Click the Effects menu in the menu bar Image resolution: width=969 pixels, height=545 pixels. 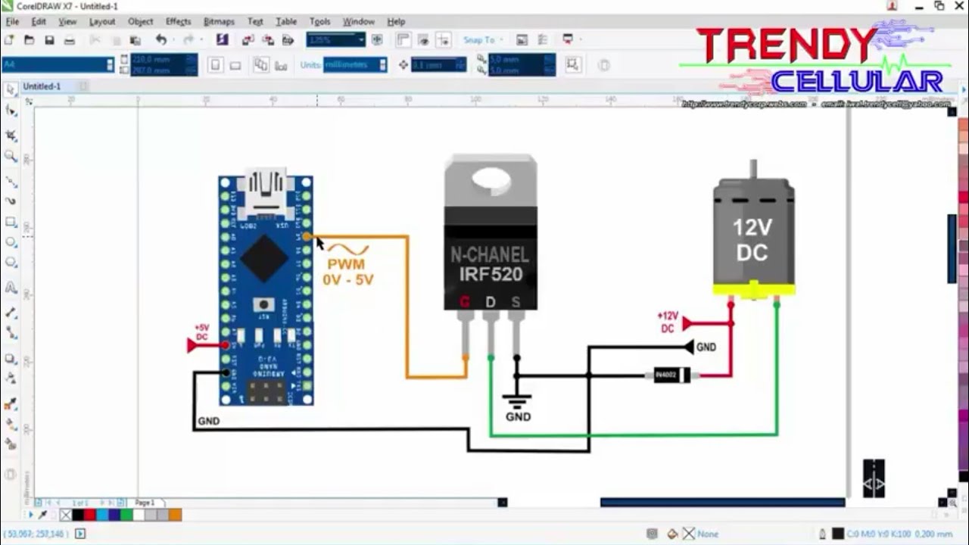178,22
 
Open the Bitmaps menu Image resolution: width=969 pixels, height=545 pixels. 219,22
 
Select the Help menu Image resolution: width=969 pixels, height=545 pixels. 396,22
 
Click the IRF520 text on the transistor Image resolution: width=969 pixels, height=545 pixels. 491,274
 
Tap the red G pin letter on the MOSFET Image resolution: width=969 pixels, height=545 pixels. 465,302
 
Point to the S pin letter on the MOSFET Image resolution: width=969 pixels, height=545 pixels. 516,302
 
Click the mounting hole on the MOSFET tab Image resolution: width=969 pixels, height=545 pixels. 491,179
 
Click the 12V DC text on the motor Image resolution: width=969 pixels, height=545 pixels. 752,240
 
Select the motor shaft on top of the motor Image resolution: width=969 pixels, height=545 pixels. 753,168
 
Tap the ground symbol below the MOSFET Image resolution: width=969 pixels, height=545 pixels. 518,400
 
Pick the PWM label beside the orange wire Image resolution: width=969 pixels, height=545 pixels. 346,264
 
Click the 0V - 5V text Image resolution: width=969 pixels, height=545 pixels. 348,279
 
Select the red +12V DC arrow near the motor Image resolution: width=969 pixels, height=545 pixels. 687,324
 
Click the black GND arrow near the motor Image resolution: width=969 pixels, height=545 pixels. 689,347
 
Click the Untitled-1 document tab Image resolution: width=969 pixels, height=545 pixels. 42,86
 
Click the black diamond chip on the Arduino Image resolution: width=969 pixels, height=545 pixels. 263,258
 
